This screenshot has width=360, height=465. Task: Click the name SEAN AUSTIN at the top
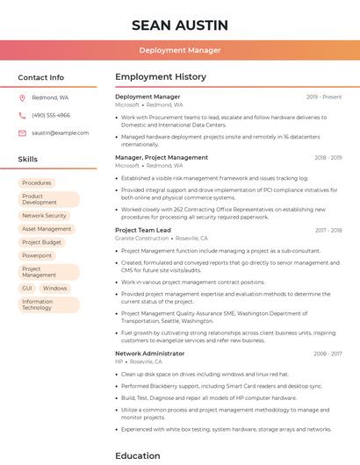click(180, 25)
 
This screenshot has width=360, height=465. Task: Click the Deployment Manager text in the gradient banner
click(180, 50)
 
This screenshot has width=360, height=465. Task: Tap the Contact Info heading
click(41, 77)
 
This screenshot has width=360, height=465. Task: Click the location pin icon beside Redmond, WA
click(22, 97)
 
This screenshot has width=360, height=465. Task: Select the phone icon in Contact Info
click(22, 115)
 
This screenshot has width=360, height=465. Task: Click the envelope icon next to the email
click(22, 132)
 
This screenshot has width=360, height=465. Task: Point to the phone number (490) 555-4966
click(51, 115)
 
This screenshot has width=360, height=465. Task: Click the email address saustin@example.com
click(61, 132)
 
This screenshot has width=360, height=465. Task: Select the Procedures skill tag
click(37, 182)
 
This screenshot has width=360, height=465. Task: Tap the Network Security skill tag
click(44, 215)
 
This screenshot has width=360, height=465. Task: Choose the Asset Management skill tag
click(47, 228)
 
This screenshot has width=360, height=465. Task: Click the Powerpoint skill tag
click(37, 255)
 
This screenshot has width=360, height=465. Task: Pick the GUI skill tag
click(27, 288)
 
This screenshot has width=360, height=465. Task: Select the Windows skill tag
click(54, 288)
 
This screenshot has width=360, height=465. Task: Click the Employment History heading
click(161, 77)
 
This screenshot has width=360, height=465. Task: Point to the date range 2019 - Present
click(324, 97)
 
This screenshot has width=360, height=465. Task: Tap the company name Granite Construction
click(141, 238)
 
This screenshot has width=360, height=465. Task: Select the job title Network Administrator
click(149, 354)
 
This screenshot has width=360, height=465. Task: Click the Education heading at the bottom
click(138, 455)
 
